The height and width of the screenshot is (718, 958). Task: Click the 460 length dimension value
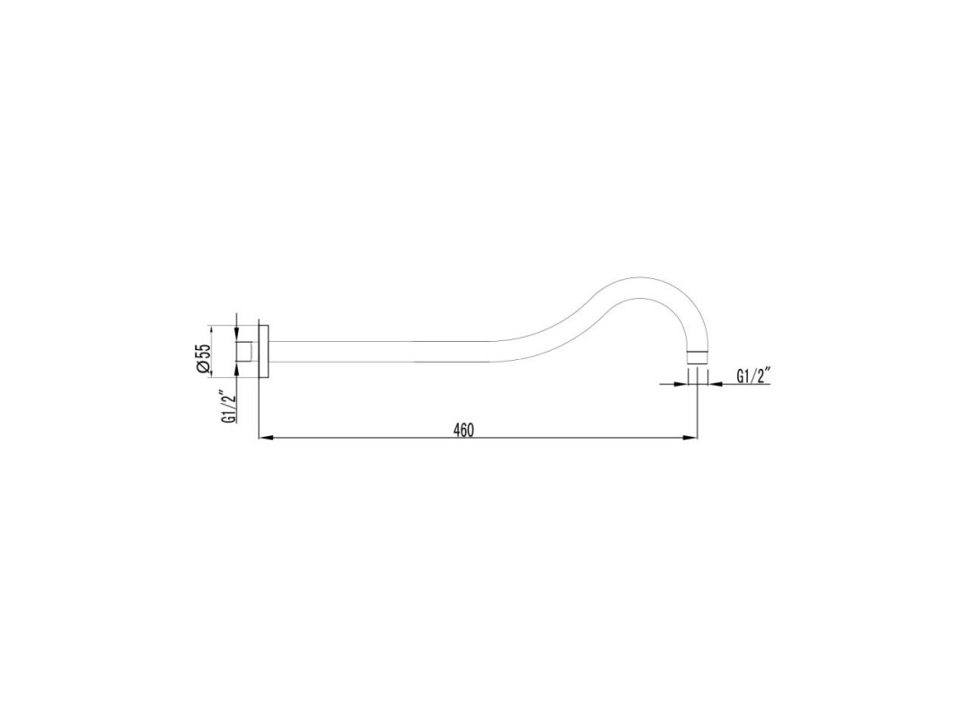point(463,430)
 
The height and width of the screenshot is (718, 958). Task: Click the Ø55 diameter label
point(204,358)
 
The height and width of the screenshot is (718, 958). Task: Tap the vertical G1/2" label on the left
point(229,406)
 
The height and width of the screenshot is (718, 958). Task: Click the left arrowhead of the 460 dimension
point(267,438)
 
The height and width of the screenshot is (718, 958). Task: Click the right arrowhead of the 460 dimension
point(691,438)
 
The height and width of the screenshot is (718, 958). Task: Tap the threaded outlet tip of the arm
point(697,358)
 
